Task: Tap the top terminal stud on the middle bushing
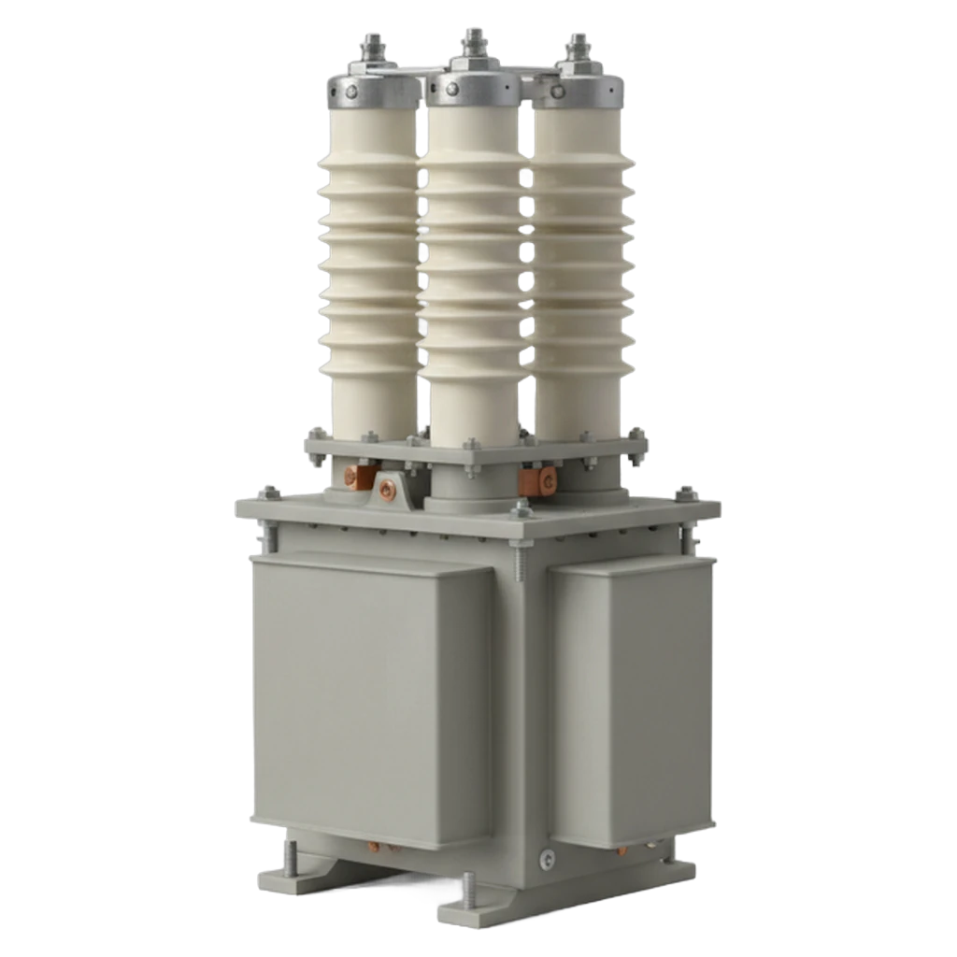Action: click(473, 42)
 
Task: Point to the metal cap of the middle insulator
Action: click(473, 90)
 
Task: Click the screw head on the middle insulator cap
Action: click(453, 89)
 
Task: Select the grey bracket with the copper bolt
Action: click(386, 489)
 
